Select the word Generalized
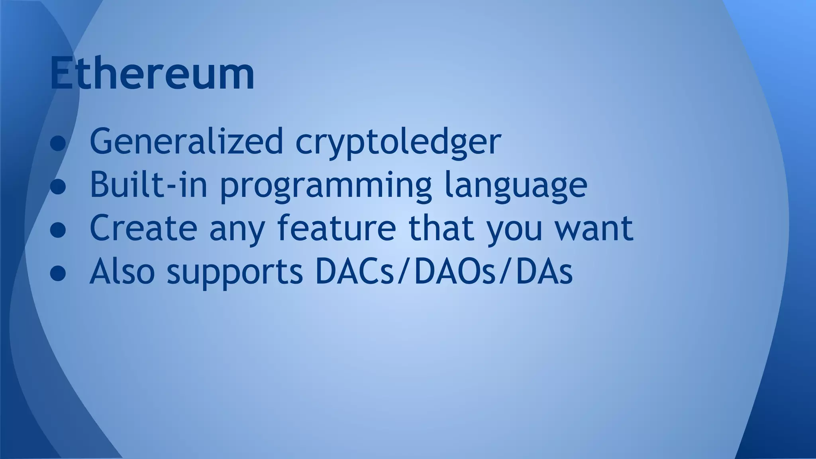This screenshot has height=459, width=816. [x=186, y=141]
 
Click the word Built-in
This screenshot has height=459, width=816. [x=149, y=184]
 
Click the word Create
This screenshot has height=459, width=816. [x=143, y=228]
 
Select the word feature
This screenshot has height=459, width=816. [x=337, y=228]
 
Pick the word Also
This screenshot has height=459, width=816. [x=122, y=271]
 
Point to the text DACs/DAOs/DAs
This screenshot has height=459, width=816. [x=443, y=271]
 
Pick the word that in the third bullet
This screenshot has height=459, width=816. [x=441, y=228]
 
